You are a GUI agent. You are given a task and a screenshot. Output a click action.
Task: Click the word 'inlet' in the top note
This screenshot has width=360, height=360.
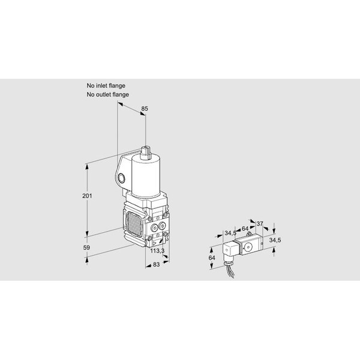[102, 86]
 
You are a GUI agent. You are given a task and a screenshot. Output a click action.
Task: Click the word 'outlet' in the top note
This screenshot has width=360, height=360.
[104, 94]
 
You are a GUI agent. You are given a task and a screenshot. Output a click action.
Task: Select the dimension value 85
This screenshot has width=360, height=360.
[145, 109]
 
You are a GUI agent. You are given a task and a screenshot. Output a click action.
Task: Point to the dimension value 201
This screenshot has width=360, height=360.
[87, 196]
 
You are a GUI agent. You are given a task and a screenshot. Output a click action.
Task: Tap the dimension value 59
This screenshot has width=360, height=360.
[86, 247]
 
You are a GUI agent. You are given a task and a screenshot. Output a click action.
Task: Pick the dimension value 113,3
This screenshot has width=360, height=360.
[157, 251]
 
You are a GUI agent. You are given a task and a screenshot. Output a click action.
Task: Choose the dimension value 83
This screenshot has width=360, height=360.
[156, 265]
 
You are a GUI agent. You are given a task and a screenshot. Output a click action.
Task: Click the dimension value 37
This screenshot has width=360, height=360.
[259, 223]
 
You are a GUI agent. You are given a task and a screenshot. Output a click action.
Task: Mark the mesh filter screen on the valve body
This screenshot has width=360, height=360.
[134, 224]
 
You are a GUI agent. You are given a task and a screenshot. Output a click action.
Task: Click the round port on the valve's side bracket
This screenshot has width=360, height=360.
[121, 178]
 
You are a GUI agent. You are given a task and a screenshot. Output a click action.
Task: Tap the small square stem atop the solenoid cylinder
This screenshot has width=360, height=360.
[146, 152]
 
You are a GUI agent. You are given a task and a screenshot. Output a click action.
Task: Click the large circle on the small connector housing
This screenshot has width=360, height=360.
[248, 247]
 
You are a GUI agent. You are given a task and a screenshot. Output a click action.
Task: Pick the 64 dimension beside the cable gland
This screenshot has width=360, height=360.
[212, 258]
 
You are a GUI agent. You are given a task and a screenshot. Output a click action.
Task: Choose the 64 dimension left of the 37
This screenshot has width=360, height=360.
[245, 229]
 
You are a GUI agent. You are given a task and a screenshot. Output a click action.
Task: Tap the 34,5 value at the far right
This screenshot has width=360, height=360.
[275, 240]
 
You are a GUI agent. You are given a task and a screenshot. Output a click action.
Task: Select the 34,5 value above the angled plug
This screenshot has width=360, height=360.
[230, 233]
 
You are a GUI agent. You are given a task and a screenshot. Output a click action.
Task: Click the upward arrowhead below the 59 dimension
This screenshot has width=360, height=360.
[87, 260]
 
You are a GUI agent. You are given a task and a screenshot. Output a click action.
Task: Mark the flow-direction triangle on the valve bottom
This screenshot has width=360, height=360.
[154, 244]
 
